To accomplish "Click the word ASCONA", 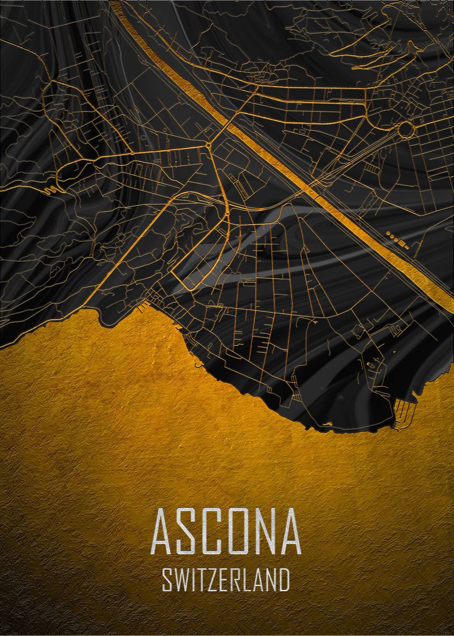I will coord(227,532).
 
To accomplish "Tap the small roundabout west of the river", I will coord(209,144).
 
